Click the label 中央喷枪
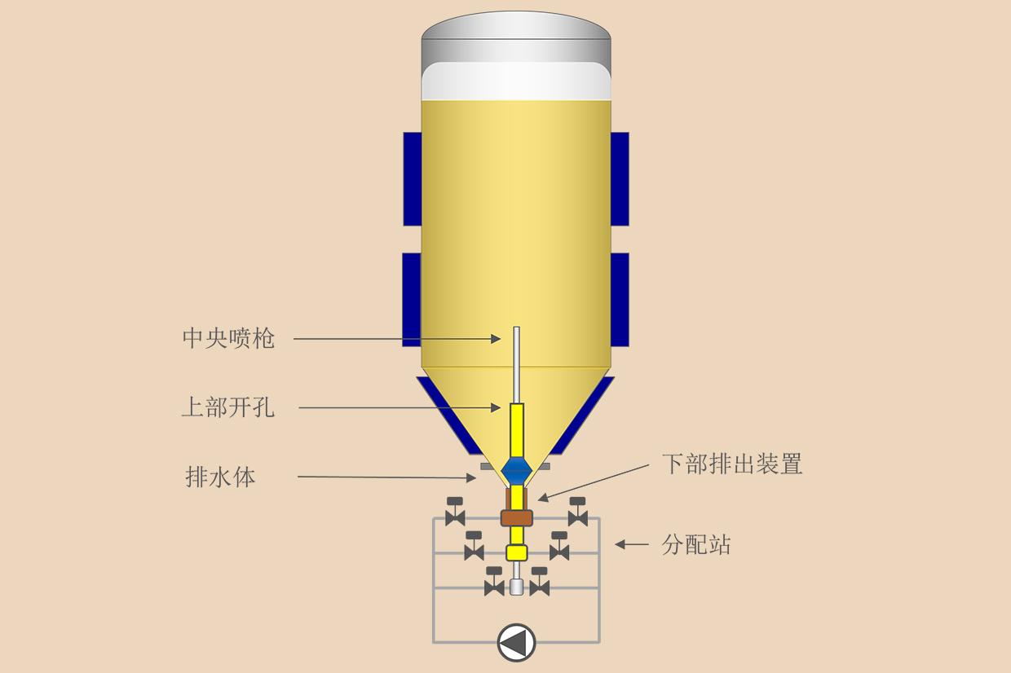coord(228,338)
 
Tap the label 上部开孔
coord(228,407)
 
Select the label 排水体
coord(221,477)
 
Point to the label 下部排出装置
coord(732,464)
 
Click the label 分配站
coord(696,544)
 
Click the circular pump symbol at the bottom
coord(516,643)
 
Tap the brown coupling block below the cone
coord(517,518)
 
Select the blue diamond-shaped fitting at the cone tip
coord(517,471)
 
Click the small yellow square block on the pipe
coord(517,552)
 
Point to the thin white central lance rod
coord(517,364)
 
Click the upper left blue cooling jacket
coord(412,178)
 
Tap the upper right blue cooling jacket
coord(620,178)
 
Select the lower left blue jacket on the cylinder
coord(411,300)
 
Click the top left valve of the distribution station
coord(455,512)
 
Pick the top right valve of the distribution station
coord(578,512)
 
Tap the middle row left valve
coord(474,546)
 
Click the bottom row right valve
coord(540,582)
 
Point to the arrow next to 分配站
coord(632,544)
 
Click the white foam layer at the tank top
coord(516,81)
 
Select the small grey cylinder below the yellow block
coord(517,587)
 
